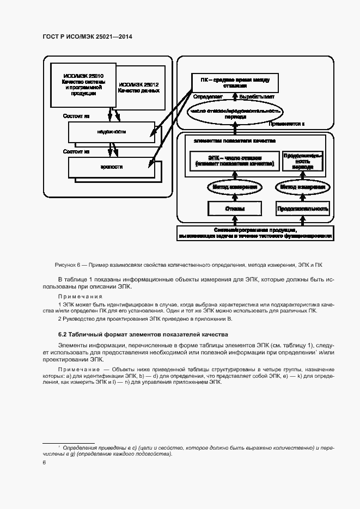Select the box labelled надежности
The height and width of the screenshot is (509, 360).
112,132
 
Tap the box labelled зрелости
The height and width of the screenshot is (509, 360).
112,167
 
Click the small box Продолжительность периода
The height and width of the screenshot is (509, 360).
303,161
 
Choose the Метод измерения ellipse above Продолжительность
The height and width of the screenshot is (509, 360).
303,187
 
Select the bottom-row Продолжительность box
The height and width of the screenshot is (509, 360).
303,209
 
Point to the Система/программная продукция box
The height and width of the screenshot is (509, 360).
255,232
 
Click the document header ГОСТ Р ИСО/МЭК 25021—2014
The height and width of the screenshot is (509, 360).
88,36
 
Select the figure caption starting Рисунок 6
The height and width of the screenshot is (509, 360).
188,265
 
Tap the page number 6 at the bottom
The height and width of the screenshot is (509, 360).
45,462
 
